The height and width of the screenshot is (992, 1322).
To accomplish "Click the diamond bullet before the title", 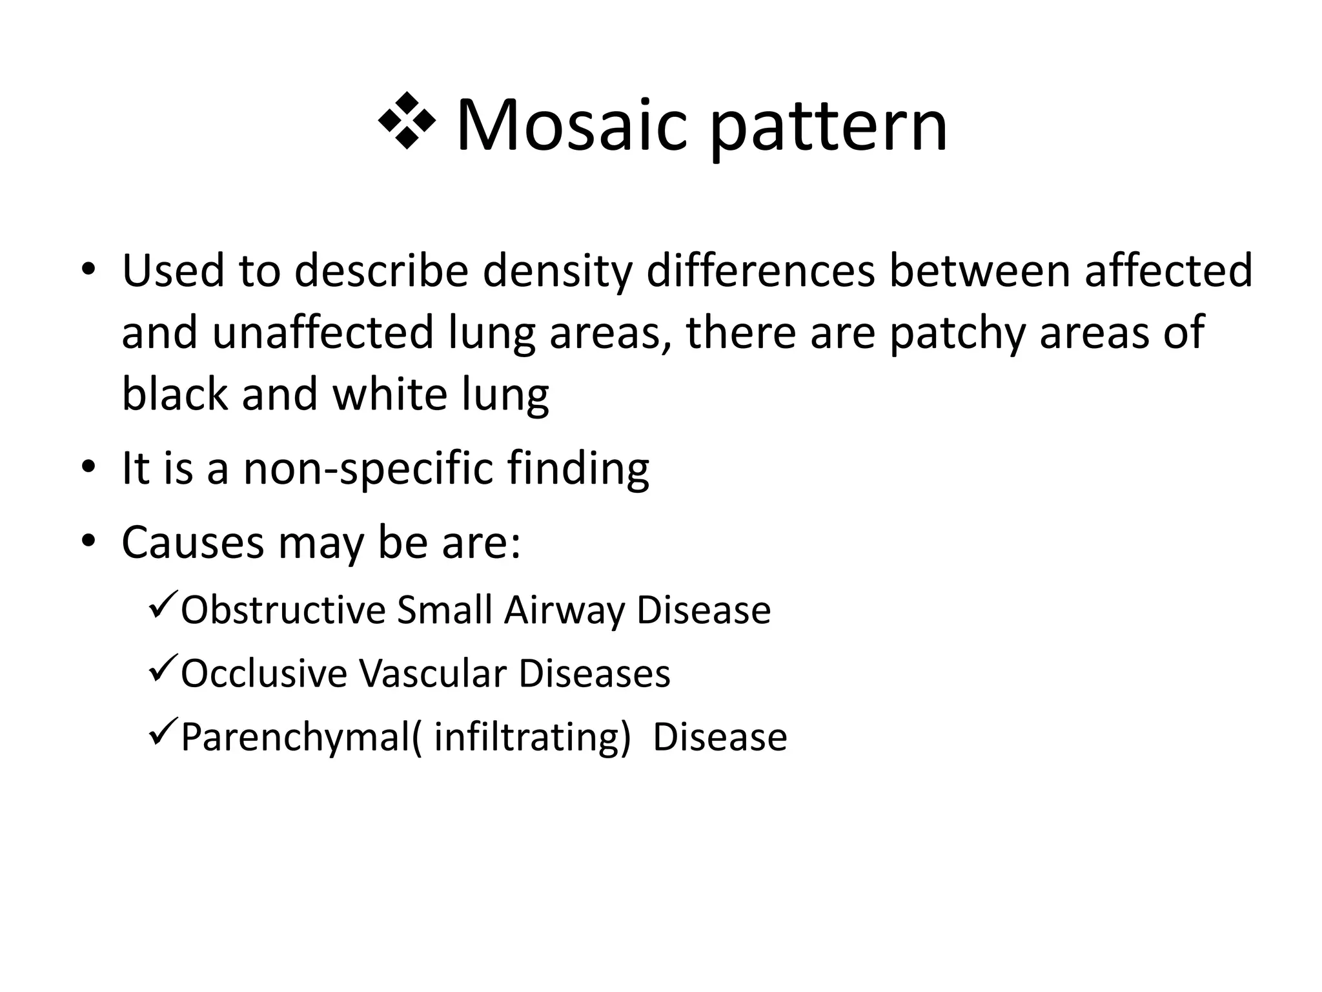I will (x=407, y=121).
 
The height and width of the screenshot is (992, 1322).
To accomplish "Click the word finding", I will (x=578, y=470).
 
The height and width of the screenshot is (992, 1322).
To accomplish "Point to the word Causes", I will (x=192, y=542).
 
